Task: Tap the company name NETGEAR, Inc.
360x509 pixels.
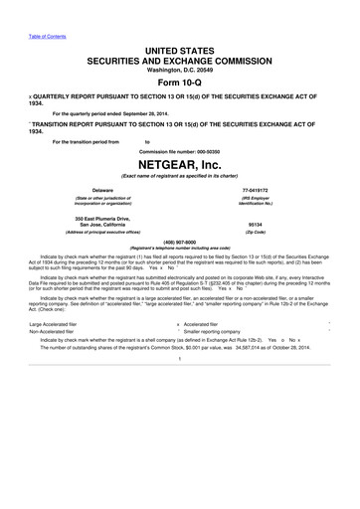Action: point(180,162)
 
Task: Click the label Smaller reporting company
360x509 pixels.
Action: point(218,332)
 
